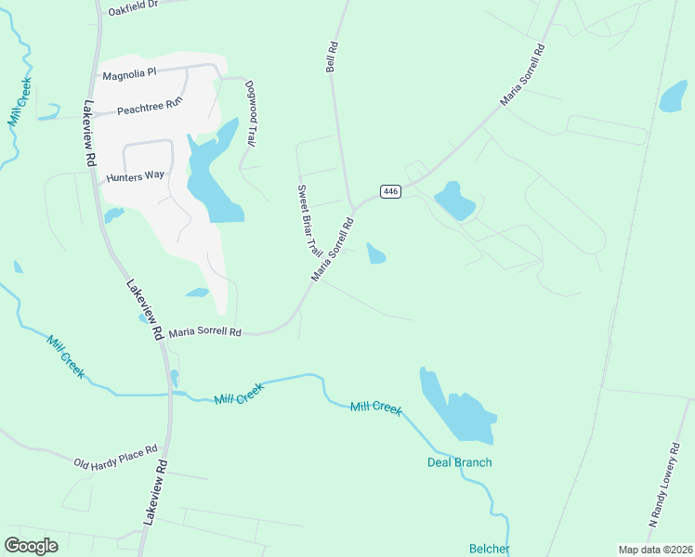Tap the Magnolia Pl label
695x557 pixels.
(130, 74)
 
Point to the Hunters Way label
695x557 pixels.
(136, 175)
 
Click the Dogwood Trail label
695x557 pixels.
(250, 114)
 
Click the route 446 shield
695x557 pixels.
(390, 191)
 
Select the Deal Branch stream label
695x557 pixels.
(459, 462)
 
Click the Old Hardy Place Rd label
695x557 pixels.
(116, 457)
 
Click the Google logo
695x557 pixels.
(32, 545)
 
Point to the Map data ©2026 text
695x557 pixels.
(654, 550)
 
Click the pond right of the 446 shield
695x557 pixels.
(454, 201)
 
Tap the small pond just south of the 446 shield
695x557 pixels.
(375, 253)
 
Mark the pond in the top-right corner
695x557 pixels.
(673, 96)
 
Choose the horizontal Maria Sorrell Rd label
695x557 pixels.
(204, 331)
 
